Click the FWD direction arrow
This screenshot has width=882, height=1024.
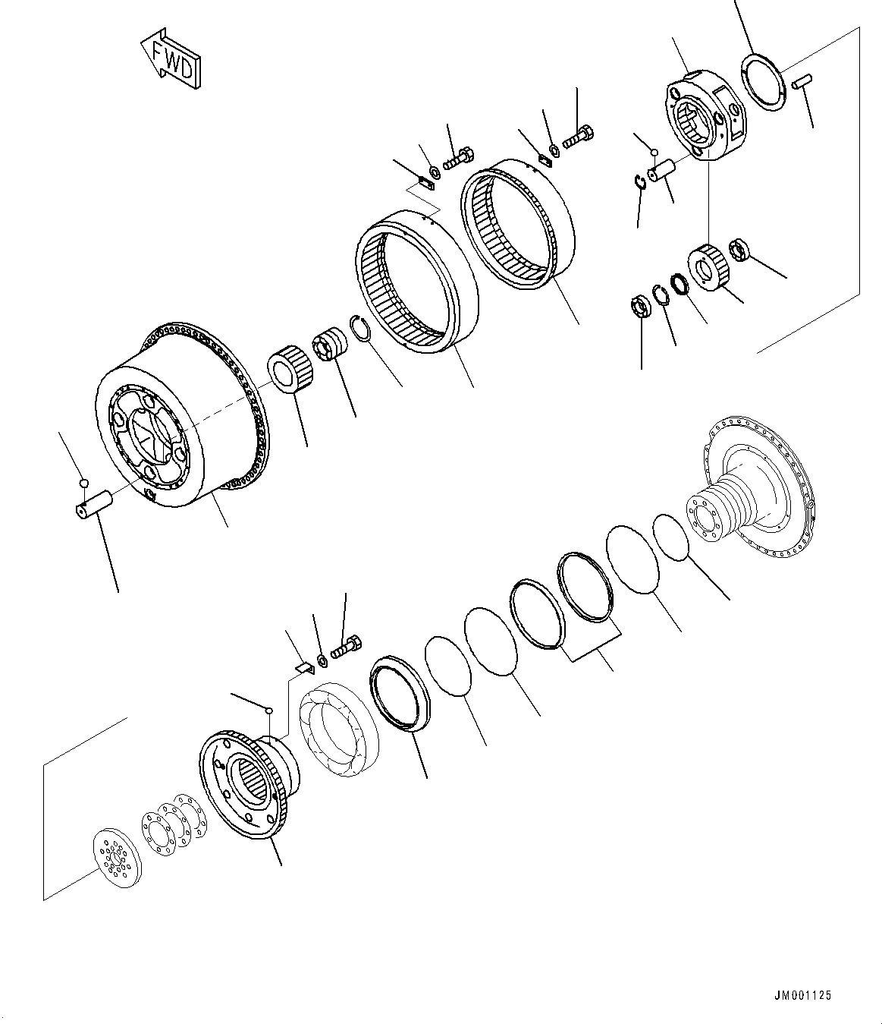tap(171, 58)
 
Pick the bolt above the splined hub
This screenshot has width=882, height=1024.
tap(346, 650)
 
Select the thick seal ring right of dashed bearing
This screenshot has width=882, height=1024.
tap(399, 692)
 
